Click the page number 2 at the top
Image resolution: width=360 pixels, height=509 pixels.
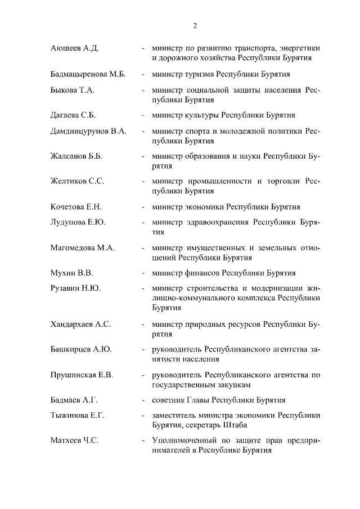pos(195,25)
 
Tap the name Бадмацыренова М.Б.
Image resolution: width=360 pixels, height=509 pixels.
pos(87,75)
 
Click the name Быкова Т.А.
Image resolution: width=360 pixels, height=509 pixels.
pos(72,90)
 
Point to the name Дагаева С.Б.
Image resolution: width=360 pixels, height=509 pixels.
pos(73,116)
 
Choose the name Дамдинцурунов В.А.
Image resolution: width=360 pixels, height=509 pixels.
pos(88,131)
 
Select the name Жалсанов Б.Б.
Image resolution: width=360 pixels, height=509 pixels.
pos(76,156)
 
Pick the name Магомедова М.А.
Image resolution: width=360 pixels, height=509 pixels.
pos(82,247)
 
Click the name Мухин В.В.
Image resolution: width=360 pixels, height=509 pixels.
pos(71,273)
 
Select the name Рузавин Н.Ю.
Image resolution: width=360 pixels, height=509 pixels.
pos(76,289)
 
